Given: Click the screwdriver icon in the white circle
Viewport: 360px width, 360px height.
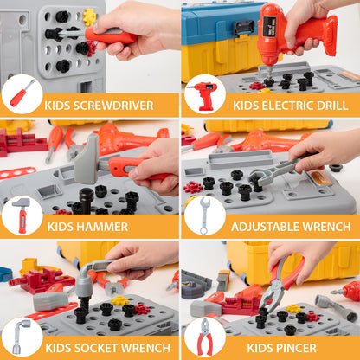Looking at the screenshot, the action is point(22,93).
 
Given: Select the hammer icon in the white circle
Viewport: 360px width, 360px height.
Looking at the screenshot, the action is point(22,215).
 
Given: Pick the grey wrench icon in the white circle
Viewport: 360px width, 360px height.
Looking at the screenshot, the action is point(204,215).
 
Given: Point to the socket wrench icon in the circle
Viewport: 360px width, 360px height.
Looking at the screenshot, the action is point(20,337).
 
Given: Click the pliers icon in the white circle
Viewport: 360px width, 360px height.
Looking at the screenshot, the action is point(205,337).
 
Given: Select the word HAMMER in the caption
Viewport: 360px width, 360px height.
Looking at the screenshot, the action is point(102,227).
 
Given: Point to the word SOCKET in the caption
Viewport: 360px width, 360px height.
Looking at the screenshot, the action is point(96,348).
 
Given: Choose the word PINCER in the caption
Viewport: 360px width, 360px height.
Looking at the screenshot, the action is point(296,348).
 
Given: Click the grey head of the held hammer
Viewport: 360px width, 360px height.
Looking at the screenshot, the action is point(87,159).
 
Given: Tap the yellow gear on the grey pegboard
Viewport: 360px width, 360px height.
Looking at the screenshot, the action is point(89,16).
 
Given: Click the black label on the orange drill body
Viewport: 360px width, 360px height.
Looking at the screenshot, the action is point(269,27).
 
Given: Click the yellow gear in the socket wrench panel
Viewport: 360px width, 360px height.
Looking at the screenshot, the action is point(119,300).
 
